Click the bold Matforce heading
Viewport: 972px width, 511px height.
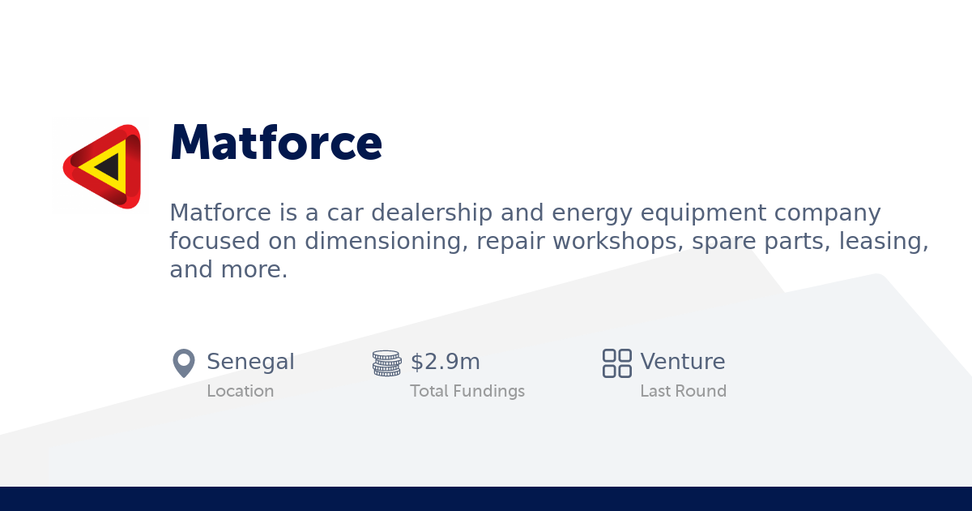275,144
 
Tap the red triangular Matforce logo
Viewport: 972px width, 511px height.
103,166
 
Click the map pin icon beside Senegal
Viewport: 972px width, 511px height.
184,363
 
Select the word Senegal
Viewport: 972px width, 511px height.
250,362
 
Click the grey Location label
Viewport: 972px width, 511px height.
240,391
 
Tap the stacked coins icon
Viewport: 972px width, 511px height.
386,363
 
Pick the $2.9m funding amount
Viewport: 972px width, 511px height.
445,362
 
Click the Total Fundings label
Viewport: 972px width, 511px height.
467,391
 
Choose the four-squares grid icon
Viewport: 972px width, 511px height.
616,363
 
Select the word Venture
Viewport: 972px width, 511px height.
682,362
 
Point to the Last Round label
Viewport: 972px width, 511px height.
683,391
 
